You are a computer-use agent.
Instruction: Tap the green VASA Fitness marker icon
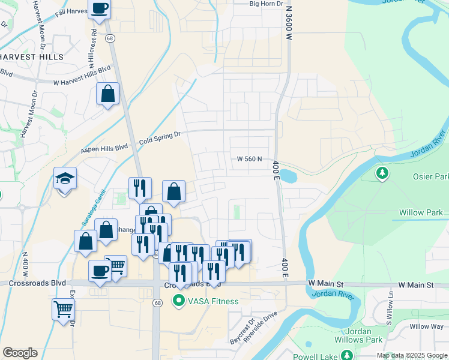pos(178,301)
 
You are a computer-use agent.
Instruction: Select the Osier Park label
pos(430,177)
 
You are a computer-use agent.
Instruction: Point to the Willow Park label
pos(421,212)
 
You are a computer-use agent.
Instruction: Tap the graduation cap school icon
pos(65,179)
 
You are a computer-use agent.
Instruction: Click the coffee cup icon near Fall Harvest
pos(99,9)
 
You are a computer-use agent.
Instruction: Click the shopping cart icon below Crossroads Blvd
pos(63,310)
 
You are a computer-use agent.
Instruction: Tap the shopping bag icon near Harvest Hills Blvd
pos(108,94)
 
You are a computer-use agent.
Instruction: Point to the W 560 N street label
pos(250,159)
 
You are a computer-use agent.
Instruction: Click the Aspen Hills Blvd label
pos(104,148)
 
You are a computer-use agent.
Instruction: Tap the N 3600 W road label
pos(289,24)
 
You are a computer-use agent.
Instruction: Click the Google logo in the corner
pos(20,353)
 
